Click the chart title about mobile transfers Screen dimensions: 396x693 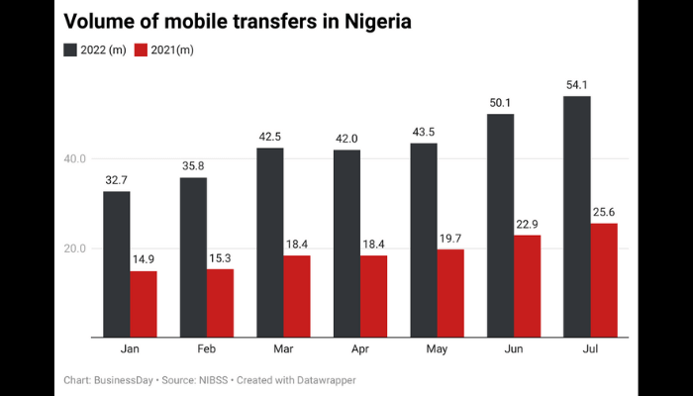point(238,20)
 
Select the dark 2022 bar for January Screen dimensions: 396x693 point(117,263)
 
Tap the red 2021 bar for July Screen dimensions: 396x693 point(603,280)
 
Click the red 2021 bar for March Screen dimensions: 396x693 point(296,296)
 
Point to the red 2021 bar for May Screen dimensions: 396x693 point(449,293)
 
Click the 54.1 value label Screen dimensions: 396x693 point(577,84)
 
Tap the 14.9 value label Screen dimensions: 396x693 point(144,259)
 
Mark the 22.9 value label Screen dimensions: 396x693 point(527,224)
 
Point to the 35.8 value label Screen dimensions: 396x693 point(193,166)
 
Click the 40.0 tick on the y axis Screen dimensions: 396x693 point(76,158)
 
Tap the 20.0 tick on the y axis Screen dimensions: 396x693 point(76,248)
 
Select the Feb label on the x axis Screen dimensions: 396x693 point(207,349)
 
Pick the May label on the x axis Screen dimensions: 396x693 point(437,349)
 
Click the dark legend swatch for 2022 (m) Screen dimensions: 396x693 point(72,49)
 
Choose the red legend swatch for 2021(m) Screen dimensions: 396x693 point(141,49)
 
